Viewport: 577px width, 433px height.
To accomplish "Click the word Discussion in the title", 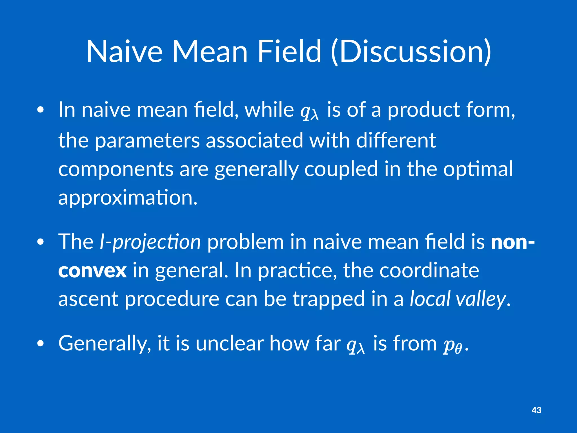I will click(411, 52).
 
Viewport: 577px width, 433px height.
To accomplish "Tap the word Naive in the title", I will click(124, 52).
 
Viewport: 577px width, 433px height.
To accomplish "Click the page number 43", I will click(536, 410).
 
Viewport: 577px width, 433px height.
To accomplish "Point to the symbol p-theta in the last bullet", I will click(452, 346).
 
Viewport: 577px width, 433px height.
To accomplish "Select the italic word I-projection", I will click(150, 242).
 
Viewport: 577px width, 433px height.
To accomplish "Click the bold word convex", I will click(92, 271).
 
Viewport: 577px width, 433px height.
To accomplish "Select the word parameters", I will click(147, 141).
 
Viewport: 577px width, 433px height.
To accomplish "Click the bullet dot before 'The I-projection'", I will click(41, 242).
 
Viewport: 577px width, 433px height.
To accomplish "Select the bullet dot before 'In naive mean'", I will click(41, 110).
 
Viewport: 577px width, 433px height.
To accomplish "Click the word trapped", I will click(329, 299).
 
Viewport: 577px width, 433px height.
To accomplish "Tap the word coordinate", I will click(429, 270).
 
